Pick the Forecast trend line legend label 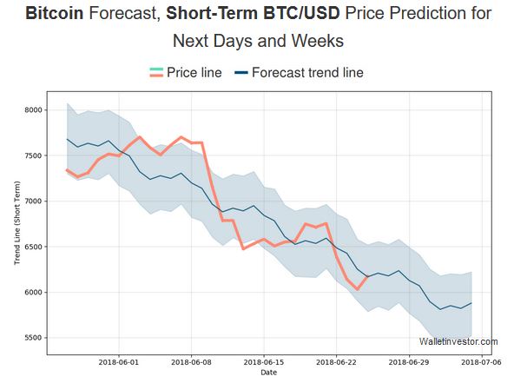click(x=307, y=73)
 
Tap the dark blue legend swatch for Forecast click(x=241, y=74)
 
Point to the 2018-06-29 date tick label click(x=408, y=363)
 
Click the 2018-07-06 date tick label click(x=480, y=363)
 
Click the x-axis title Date click(x=269, y=373)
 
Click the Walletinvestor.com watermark click(x=458, y=342)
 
